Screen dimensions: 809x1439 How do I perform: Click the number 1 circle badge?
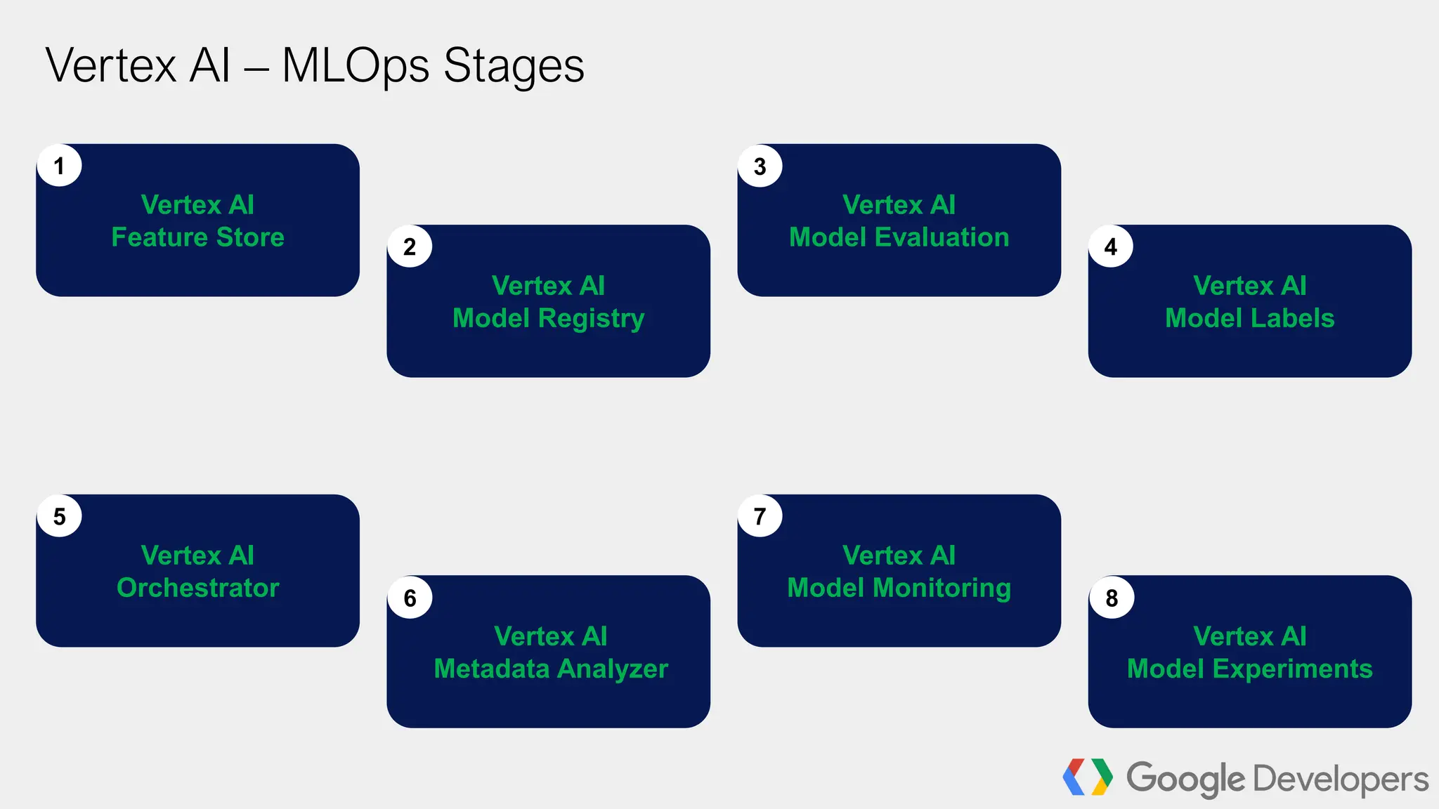pyautogui.click(x=59, y=166)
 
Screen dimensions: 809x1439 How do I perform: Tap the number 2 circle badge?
pyautogui.click(x=410, y=246)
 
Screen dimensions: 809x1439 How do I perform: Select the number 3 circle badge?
pyautogui.click(x=760, y=166)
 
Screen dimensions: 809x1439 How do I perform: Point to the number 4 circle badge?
pyautogui.click(x=1110, y=246)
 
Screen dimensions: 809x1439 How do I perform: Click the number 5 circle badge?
pyautogui.click(x=59, y=516)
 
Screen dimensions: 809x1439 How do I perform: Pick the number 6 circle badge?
pyautogui.click(x=410, y=598)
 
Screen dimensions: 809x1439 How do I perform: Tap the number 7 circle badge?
pyautogui.click(x=760, y=516)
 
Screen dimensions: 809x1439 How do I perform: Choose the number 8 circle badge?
pyautogui.click(x=1111, y=598)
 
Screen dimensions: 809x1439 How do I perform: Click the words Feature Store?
pyautogui.click(x=197, y=237)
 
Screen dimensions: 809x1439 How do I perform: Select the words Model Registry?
pyautogui.click(x=548, y=318)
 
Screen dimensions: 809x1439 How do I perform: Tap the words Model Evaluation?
pyautogui.click(x=899, y=237)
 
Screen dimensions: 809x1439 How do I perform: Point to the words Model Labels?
pyautogui.click(x=1249, y=318)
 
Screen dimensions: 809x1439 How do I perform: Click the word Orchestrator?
pyautogui.click(x=197, y=588)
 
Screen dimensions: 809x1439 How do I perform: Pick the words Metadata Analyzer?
pyautogui.click(x=550, y=669)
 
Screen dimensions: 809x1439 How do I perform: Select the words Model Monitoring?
pyautogui.click(x=899, y=588)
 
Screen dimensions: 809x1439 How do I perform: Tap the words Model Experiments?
pyautogui.click(x=1249, y=669)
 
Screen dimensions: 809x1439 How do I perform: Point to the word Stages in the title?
pyautogui.click(x=514, y=66)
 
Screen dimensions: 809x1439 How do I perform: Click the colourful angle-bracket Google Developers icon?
pyautogui.click(x=1087, y=777)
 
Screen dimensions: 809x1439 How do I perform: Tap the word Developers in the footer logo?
pyautogui.click(x=1341, y=779)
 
